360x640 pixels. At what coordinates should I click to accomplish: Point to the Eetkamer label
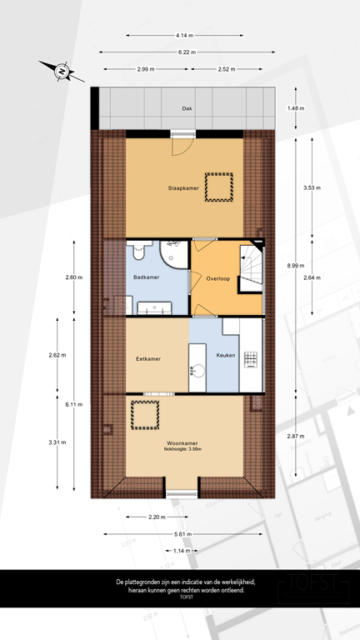tap(147, 359)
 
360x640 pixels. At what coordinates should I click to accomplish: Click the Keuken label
tap(226, 356)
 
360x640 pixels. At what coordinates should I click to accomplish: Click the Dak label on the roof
tap(186, 108)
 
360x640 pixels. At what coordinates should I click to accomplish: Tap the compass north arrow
tap(61, 72)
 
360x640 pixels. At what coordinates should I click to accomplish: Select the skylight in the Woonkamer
tap(147, 414)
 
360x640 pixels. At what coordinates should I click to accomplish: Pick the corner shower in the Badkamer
tap(177, 253)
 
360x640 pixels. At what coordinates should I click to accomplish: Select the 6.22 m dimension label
tap(186, 52)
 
